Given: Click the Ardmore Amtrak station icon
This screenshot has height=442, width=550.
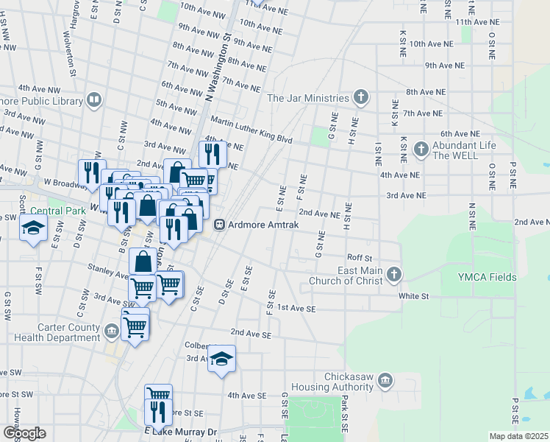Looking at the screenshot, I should tap(219, 225).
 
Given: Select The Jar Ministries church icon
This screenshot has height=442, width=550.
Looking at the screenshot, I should tap(360, 97).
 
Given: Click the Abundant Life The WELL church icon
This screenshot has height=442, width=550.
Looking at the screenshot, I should tap(421, 150).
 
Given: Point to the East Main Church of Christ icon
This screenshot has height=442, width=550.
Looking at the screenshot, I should tap(394, 276).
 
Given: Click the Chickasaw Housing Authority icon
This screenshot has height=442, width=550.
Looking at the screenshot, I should tap(385, 381).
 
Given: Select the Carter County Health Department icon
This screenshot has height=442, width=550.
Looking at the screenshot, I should tap(111, 331).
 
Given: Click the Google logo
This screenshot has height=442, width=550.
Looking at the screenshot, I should tap(24, 432).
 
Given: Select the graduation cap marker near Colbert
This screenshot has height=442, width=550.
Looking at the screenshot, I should tap(221, 359).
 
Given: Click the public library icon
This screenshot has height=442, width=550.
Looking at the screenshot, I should tap(93, 99).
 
